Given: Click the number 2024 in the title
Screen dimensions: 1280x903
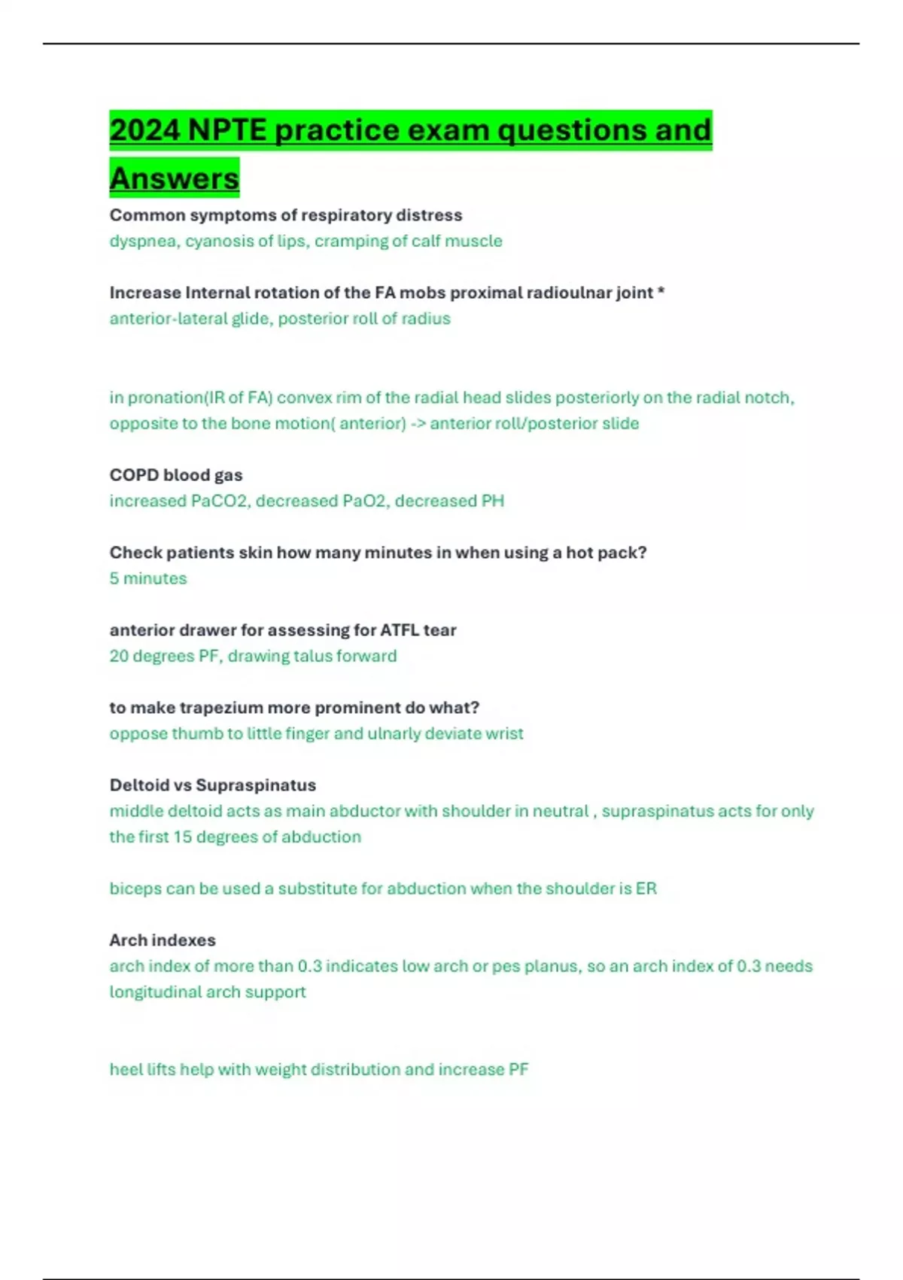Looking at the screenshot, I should coord(145,130).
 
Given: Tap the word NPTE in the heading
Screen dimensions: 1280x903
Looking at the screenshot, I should coord(227,130).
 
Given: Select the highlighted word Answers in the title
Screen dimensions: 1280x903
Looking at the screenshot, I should coord(174,178).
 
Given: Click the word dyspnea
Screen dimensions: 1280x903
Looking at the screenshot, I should coord(143,242).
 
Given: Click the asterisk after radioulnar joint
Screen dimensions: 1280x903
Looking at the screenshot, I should coord(661,291).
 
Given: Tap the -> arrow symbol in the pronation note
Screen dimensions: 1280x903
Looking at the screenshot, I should coord(418,423).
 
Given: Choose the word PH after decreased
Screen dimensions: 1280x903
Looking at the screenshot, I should coord(493,501).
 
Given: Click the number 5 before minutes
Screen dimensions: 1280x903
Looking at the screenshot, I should coord(114,578).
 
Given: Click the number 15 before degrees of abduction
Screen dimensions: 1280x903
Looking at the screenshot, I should coord(182,837).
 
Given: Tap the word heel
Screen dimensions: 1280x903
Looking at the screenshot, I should coord(125,1069).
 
